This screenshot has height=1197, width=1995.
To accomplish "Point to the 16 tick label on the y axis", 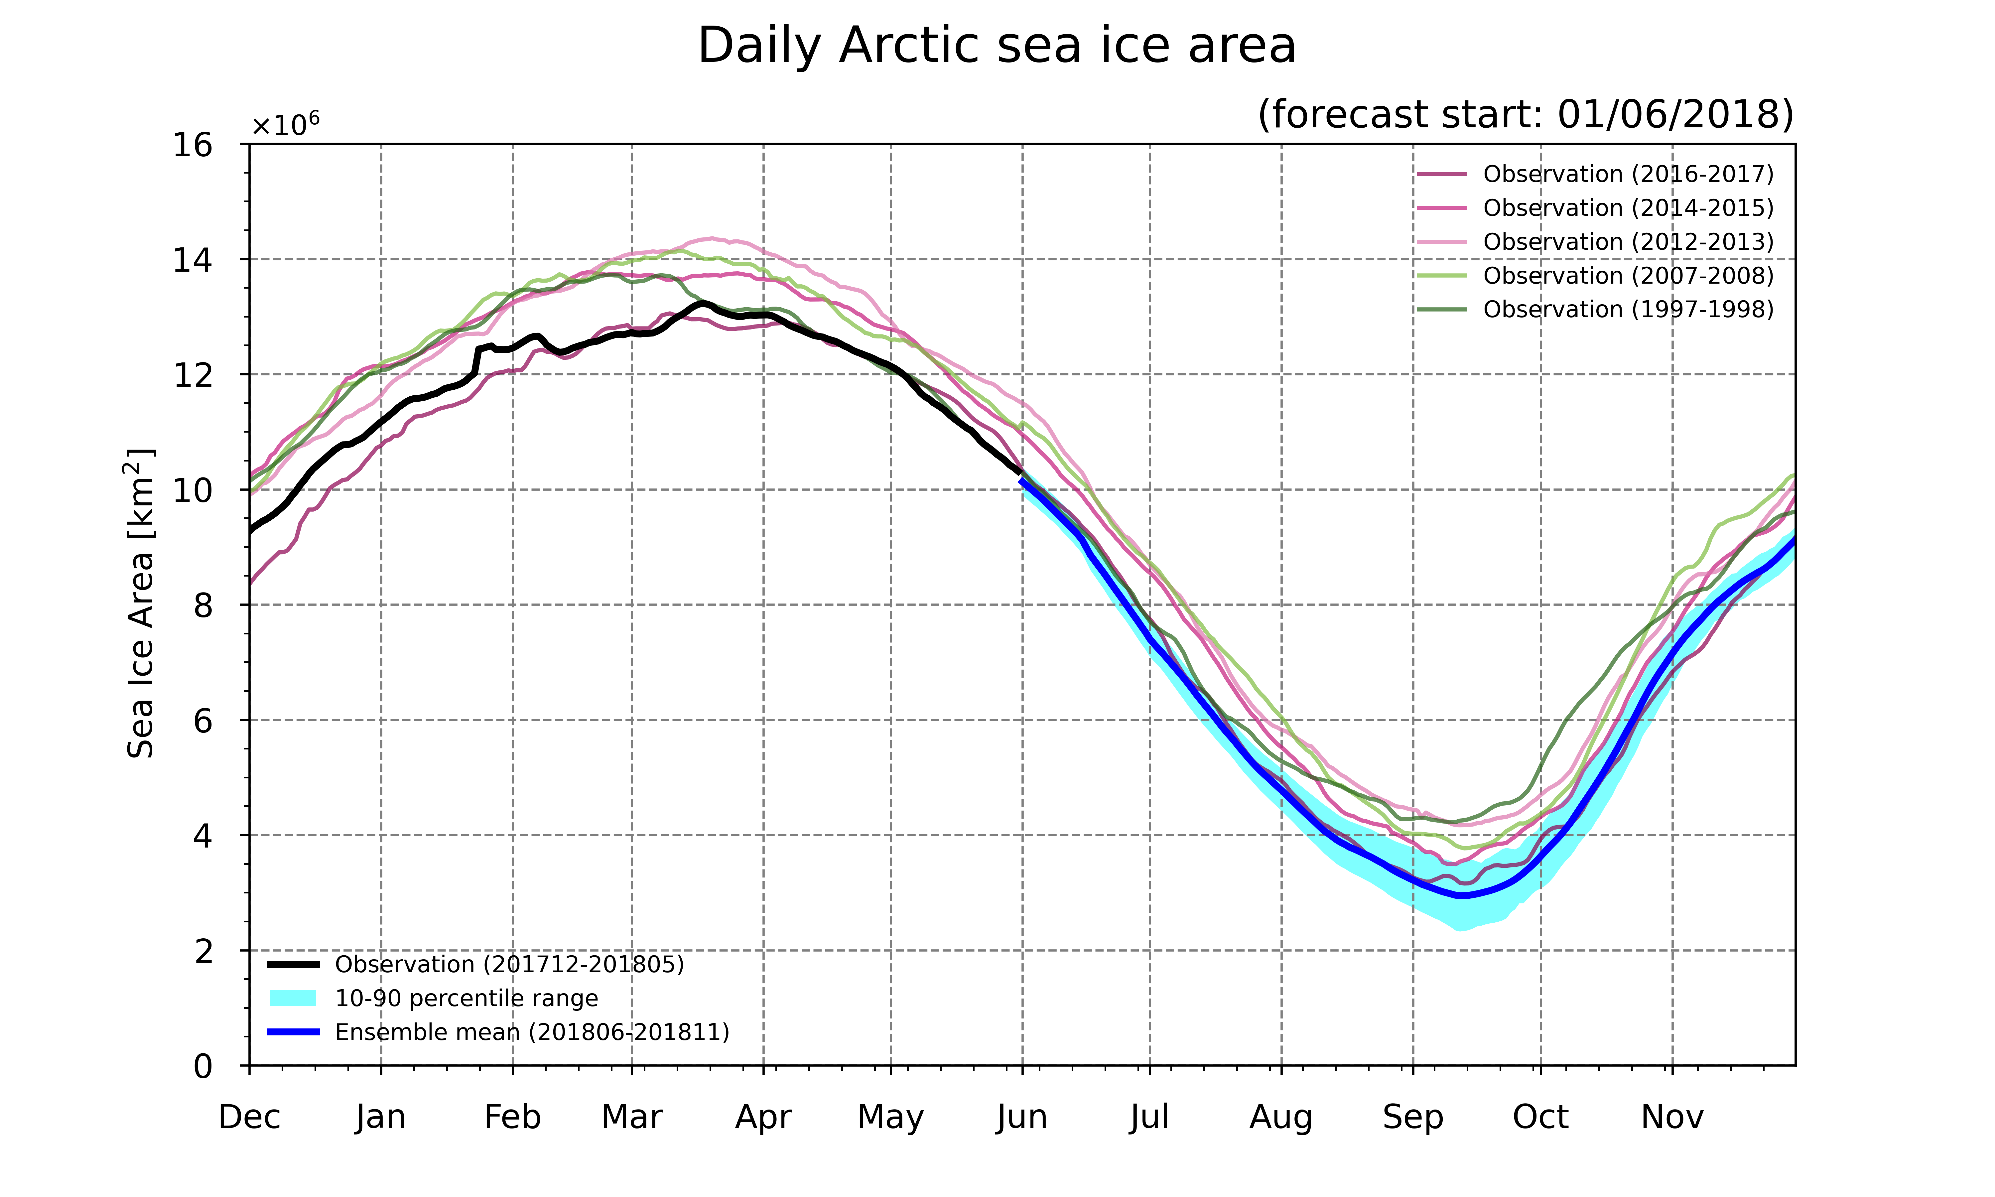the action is pyautogui.click(x=193, y=145).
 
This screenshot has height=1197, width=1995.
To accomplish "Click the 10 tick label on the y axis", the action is pyautogui.click(x=193, y=490).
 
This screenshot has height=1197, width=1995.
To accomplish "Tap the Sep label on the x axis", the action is pyautogui.click(x=1413, y=1117).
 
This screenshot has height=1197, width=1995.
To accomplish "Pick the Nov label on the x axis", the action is pyautogui.click(x=1672, y=1117).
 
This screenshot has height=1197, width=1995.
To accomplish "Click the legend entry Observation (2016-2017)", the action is pyautogui.click(x=1595, y=174).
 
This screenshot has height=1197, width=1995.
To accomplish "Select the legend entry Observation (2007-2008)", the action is pyautogui.click(x=1595, y=276).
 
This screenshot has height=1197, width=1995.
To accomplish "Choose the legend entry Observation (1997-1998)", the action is pyautogui.click(x=1595, y=310).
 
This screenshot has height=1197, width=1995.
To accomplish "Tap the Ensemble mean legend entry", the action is pyautogui.click(x=498, y=1032).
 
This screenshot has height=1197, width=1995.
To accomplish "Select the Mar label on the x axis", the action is pyautogui.click(x=631, y=1117).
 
